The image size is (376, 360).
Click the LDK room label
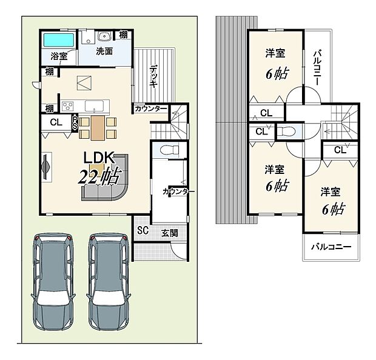(98, 158)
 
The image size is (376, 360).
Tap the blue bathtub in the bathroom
(58, 40)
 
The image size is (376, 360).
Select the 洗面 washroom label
(104, 52)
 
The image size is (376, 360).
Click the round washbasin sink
(104, 36)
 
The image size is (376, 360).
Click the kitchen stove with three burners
(68, 105)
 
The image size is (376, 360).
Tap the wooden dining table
(98, 128)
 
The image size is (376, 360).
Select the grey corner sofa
(106, 179)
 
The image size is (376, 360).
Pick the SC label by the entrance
(143, 230)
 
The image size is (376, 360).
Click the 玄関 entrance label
(170, 233)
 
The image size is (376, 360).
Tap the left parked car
(53, 282)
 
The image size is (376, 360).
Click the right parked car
(109, 282)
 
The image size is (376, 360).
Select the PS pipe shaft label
(75, 122)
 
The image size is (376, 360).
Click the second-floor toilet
(287, 132)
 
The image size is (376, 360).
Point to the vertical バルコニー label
(318, 67)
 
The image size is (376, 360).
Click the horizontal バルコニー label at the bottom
(331, 247)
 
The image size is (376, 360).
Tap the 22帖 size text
(98, 178)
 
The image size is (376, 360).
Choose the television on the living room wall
(46, 166)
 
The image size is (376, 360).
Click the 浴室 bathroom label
(59, 56)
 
